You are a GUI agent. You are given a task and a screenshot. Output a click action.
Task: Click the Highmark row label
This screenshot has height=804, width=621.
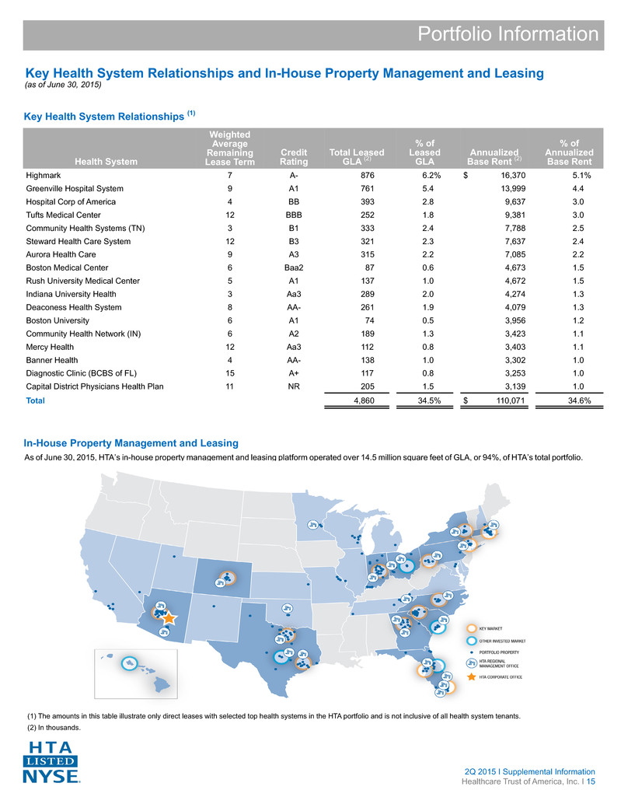tap(44, 176)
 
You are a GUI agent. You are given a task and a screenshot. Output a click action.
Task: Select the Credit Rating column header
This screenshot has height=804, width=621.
tap(294, 157)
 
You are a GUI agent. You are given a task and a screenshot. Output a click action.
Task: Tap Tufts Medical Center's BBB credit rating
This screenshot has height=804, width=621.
tap(294, 215)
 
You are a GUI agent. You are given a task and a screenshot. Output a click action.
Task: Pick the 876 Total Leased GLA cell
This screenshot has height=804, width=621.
tap(368, 176)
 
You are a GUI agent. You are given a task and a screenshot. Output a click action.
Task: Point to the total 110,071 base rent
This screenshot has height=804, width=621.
tap(511, 400)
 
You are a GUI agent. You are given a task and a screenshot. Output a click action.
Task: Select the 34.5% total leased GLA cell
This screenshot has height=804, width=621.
tap(429, 400)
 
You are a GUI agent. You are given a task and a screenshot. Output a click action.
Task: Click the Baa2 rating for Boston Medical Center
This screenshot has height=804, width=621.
tap(294, 267)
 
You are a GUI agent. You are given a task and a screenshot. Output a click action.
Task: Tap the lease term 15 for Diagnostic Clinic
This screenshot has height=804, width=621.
tap(229, 373)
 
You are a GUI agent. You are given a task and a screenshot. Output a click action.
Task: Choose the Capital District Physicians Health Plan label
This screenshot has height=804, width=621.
tap(95, 386)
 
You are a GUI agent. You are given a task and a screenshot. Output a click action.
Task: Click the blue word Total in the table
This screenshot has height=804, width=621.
tap(35, 400)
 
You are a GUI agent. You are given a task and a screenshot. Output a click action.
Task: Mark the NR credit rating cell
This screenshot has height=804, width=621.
tap(294, 386)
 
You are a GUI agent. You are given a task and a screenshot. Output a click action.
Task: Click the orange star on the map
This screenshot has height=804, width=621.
tap(169, 618)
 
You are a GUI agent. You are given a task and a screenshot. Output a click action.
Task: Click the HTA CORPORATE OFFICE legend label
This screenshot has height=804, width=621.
tap(501, 677)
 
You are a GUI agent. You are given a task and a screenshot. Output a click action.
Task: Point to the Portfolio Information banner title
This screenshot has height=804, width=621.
tap(508, 34)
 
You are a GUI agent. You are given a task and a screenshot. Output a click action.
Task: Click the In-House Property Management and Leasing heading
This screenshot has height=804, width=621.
tap(131, 443)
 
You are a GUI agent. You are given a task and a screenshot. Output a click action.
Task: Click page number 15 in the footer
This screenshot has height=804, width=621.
tap(591, 782)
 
